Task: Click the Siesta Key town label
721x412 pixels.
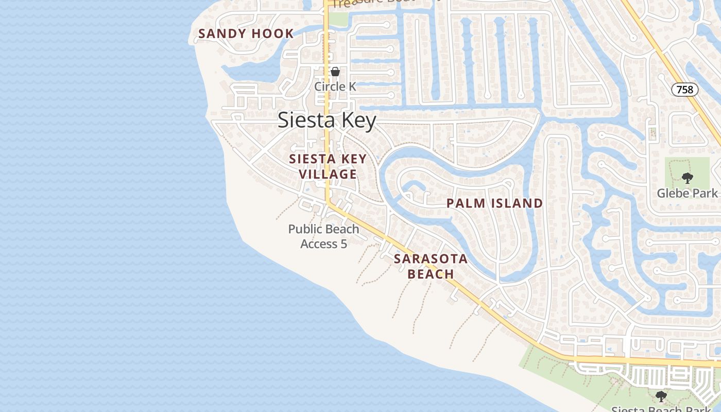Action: [327, 121]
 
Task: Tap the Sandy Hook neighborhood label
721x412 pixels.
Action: [246, 34]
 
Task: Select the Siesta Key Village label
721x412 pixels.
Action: [328, 166]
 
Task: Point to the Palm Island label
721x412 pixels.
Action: [494, 203]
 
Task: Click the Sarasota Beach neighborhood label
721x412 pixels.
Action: [431, 266]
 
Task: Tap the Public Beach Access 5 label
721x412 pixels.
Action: [323, 236]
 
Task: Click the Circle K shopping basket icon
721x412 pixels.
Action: [335, 72]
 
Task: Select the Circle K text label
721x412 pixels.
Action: [335, 87]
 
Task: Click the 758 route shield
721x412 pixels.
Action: [684, 90]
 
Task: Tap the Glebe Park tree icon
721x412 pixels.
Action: [687, 178]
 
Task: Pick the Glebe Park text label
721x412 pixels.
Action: [687, 193]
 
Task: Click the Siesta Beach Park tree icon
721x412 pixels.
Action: [661, 396]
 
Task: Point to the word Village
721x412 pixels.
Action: [328, 174]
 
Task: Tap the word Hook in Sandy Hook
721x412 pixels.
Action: [272, 34]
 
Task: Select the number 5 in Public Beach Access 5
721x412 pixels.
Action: [344, 244]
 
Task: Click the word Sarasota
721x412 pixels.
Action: [431, 259]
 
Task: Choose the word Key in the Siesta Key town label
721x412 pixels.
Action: [356, 121]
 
